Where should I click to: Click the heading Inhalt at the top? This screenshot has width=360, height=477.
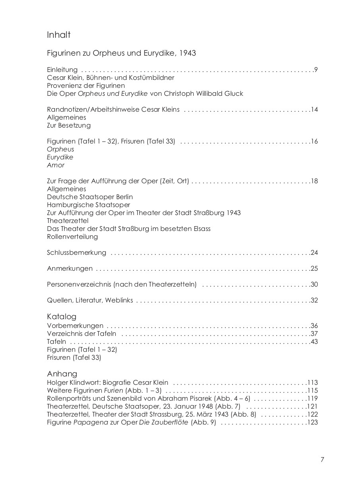click(58, 35)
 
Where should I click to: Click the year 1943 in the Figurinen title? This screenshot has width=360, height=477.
click(187, 53)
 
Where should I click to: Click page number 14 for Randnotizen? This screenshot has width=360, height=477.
click(314, 110)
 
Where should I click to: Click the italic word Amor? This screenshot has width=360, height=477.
click(55, 165)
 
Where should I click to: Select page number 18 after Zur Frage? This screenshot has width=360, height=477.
click(314, 181)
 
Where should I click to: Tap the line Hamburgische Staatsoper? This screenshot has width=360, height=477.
click(88, 205)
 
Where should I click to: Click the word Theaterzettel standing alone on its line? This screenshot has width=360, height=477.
click(68, 221)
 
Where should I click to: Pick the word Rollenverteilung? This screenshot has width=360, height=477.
click(72, 237)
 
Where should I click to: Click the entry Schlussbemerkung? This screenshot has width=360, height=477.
click(76, 253)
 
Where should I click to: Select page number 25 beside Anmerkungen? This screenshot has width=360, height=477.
click(314, 269)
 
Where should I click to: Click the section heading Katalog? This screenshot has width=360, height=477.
click(61, 317)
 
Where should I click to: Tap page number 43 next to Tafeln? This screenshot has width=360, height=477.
click(314, 342)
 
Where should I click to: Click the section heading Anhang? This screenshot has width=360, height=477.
click(62, 374)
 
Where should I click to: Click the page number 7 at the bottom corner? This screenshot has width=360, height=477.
click(322, 460)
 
